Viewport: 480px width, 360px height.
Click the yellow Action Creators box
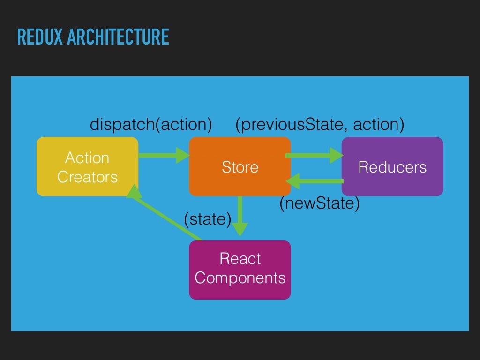click(87, 166)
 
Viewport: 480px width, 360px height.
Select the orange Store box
click(240, 166)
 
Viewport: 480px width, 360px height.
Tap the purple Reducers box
click(392, 166)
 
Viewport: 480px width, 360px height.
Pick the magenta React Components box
click(240, 270)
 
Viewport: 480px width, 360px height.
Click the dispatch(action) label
click(151, 125)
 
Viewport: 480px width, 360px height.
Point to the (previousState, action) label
click(320, 125)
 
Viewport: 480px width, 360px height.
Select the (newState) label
click(320, 203)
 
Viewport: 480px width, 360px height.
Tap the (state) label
click(208, 219)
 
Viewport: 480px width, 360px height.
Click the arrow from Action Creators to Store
click(164, 155)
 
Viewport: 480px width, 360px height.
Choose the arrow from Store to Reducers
click(314, 155)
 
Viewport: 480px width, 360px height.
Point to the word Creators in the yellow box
click(87, 177)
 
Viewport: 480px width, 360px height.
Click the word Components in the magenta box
click(240, 278)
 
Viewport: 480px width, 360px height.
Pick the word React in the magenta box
click(240, 259)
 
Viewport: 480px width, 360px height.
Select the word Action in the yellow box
click(87, 158)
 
